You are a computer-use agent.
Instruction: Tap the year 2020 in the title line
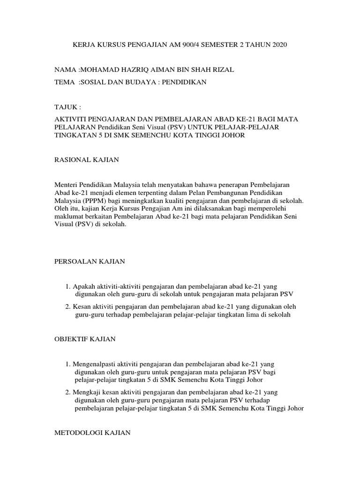pos(277,45)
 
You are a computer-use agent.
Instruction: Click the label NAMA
pos(66,70)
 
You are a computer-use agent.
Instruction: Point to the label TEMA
pos(66,82)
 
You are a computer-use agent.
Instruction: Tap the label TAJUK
pos(67,107)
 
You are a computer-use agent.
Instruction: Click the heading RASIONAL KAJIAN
pos(87,160)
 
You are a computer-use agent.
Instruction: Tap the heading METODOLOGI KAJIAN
pos(92,434)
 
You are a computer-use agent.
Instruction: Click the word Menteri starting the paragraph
pos(68,185)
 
